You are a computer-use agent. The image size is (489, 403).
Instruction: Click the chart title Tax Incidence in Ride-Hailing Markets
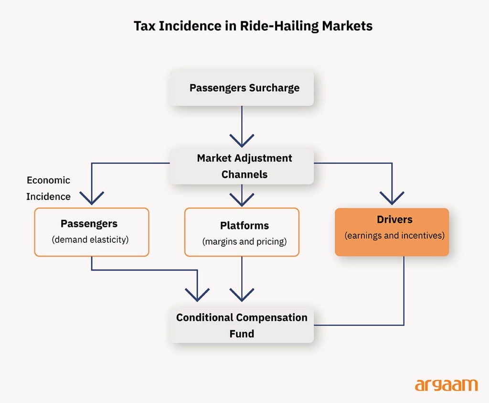click(253, 25)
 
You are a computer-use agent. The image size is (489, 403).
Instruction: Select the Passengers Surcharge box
click(242, 88)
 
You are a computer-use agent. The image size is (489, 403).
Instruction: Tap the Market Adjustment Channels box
click(242, 166)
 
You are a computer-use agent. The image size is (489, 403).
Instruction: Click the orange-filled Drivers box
click(392, 232)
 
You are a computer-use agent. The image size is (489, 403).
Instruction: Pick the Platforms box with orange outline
click(242, 232)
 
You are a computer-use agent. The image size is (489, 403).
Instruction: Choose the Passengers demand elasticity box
click(91, 232)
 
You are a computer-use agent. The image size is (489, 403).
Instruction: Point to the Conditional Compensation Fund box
click(242, 325)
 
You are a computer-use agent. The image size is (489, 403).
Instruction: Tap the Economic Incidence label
click(48, 188)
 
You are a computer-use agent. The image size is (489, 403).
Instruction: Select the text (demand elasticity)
click(90, 240)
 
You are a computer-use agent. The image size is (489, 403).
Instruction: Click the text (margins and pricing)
click(244, 241)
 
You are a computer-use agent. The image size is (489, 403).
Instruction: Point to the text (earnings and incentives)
click(394, 236)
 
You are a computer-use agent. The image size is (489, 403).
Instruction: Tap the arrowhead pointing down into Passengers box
click(92, 198)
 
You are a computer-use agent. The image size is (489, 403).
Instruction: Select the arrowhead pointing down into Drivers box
click(392, 198)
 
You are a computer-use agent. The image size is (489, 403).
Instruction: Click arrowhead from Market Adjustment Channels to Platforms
click(242, 198)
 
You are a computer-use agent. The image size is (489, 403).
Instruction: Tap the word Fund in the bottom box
click(242, 334)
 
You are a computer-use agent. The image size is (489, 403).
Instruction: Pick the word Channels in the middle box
click(244, 174)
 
